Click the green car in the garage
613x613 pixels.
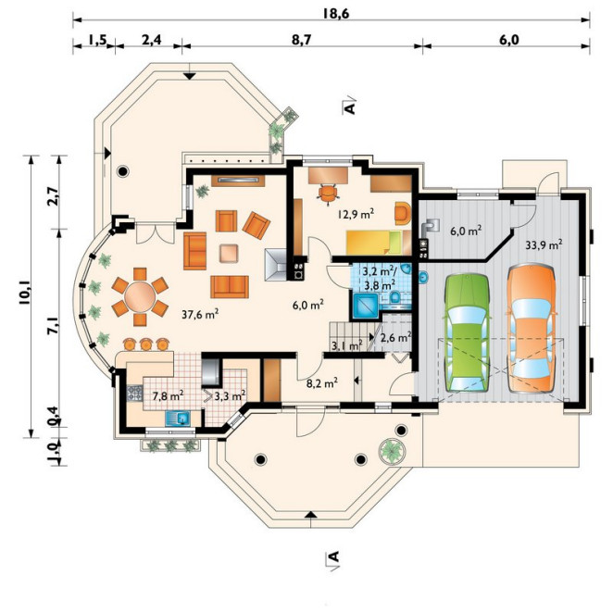(x=468, y=333)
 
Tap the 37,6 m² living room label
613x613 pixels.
(x=200, y=314)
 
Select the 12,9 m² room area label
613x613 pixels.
(x=357, y=214)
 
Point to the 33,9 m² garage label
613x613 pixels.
(x=544, y=245)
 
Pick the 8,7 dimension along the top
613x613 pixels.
(x=302, y=40)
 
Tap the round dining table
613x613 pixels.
(x=140, y=296)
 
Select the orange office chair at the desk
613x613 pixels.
(x=328, y=194)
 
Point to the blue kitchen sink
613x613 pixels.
(x=178, y=419)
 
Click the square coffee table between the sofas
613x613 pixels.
(x=229, y=253)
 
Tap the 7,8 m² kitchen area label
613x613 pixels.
(x=169, y=396)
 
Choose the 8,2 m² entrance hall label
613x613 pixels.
(x=322, y=383)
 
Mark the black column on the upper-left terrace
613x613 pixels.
(x=123, y=170)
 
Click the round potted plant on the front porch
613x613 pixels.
(x=391, y=451)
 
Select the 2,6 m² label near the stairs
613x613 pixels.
(x=395, y=338)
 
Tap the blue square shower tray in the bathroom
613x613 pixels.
(x=365, y=306)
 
